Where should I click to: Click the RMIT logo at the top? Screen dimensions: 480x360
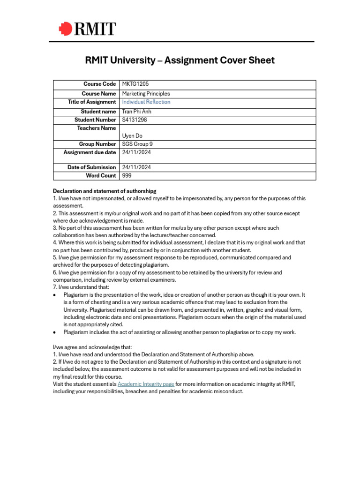87,29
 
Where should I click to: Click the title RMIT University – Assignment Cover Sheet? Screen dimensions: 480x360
180,60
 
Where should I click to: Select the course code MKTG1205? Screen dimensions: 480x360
135,84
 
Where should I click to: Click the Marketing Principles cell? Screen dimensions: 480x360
146,94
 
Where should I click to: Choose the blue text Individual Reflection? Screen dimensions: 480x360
146,102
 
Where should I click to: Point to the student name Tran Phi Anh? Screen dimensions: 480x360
136,112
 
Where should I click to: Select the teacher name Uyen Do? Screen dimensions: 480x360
132,136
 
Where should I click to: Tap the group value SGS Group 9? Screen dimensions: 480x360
137,144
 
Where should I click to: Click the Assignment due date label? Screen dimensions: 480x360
90,152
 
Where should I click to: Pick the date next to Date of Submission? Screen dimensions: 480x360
136,167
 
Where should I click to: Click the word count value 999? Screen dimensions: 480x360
127,176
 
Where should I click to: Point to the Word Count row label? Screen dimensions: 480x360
101,176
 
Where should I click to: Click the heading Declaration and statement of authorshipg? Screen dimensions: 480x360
105,191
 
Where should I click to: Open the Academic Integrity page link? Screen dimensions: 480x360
146,384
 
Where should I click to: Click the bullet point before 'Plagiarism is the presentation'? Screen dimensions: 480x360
55,295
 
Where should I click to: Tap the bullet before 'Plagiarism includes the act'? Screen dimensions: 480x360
55,332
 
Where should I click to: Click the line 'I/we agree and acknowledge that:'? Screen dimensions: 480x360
92,347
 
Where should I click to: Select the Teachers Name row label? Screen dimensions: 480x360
96,128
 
